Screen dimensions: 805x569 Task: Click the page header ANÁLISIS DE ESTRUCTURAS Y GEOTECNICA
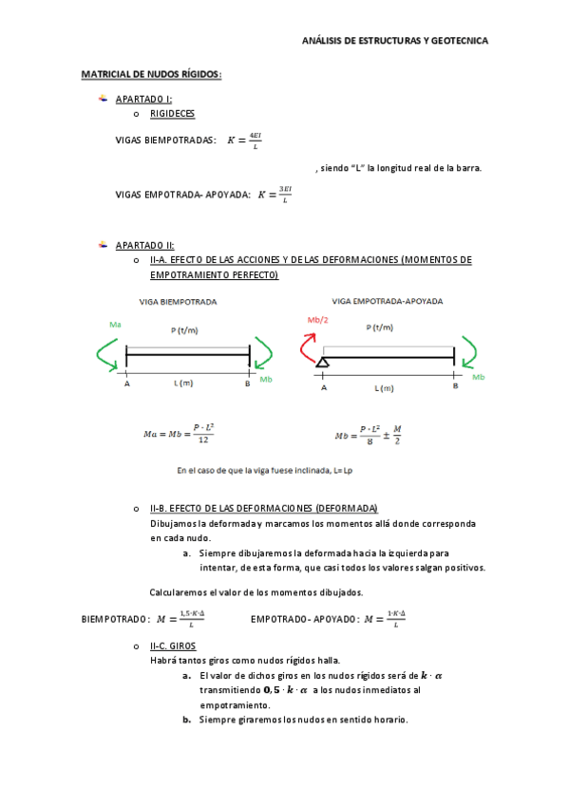coord(394,42)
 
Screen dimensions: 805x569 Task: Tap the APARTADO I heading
coord(143,99)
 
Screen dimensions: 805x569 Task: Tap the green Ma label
coord(115,325)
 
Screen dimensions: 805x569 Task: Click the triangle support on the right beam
coord(324,361)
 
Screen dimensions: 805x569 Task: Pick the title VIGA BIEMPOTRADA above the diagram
coord(178,301)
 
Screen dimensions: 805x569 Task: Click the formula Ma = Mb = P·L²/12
coord(178,433)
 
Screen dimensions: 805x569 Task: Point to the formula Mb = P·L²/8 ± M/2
coord(368,435)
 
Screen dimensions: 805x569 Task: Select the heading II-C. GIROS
coord(173,646)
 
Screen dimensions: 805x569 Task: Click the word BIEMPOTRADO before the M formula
coord(115,620)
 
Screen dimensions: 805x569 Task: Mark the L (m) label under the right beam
coord(384,388)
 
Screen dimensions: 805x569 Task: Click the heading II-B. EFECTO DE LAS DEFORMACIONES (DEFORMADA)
coord(264,509)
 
